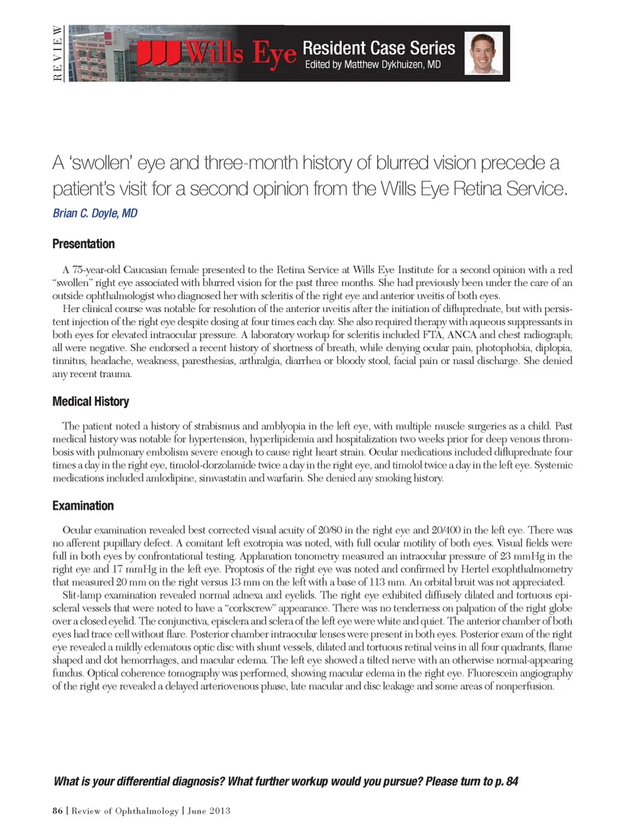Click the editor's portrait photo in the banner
(x=484, y=53)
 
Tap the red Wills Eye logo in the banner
(x=217, y=53)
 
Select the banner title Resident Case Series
(x=378, y=47)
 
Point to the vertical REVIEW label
(x=57, y=53)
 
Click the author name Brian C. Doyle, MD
(x=95, y=213)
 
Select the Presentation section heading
(x=83, y=244)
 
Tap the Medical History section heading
(x=90, y=401)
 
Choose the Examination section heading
(x=83, y=505)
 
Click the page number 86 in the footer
(x=58, y=810)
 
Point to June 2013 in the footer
(x=209, y=810)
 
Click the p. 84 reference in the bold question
(x=506, y=781)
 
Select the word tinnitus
(x=68, y=361)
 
